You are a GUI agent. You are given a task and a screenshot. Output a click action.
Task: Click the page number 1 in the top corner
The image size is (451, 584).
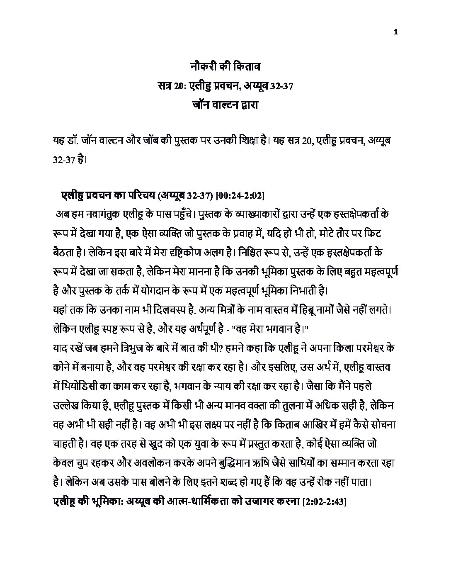pos(397,33)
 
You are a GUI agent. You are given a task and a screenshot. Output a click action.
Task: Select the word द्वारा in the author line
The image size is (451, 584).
pos(247,105)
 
